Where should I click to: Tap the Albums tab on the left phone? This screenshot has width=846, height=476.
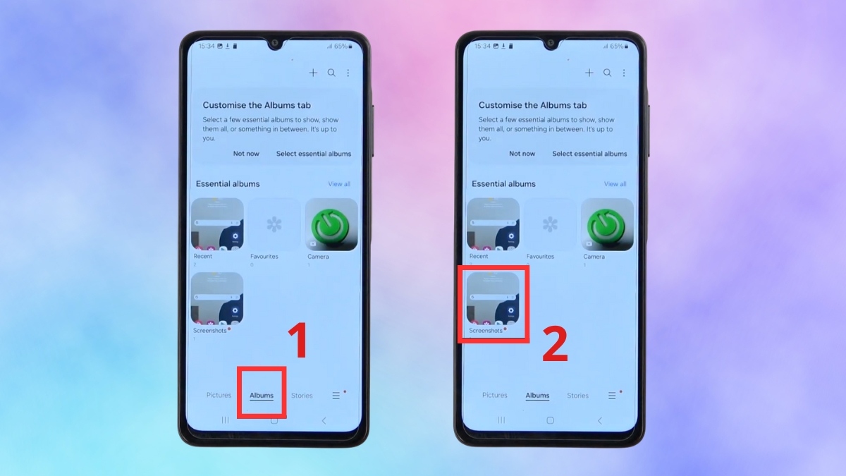click(262, 396)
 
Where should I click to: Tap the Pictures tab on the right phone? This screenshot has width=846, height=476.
click(494, 396)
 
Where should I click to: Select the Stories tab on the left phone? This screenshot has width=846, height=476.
click(302, 396)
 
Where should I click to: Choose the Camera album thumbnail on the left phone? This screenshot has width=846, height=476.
click(331, 224)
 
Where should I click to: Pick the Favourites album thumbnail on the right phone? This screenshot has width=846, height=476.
click(550, 224)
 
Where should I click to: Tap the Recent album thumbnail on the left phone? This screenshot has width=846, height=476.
click(217, 224)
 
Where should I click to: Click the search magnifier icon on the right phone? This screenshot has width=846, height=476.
click(607, 73)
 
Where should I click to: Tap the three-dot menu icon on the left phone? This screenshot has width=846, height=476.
click(348, 73)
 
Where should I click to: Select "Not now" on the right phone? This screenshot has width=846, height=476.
click(522, 154)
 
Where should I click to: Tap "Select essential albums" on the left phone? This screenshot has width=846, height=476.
click(314, 154)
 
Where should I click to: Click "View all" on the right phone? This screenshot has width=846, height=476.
click(615, 184)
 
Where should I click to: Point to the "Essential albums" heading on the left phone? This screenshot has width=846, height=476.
click(228, 184)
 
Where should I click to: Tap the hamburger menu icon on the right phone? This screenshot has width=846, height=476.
click(612, 396)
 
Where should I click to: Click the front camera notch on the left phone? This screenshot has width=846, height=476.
click(274, 44)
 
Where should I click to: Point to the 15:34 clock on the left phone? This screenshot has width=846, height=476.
click(207, 47)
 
